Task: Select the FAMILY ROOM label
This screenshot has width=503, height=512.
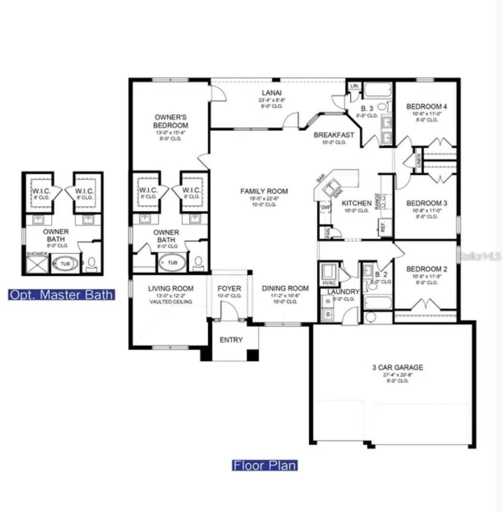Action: (264, 191)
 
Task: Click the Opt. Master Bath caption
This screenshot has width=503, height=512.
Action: (61, 294)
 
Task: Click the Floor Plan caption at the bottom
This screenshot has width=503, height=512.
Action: (265, 465)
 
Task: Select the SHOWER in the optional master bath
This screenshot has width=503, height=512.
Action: (37, 264)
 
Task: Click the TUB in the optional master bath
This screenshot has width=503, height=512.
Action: (65, 264)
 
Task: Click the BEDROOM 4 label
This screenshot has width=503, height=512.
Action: (424, 106)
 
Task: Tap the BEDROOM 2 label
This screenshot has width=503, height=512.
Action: (424, 269)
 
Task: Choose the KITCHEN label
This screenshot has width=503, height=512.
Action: (357, 203)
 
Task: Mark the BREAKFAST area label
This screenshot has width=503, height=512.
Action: (334, 135)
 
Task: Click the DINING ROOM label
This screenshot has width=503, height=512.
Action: (285, 288)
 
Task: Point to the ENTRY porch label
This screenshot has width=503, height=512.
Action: (231, 340)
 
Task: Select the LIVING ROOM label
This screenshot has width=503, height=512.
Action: (171, 288)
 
